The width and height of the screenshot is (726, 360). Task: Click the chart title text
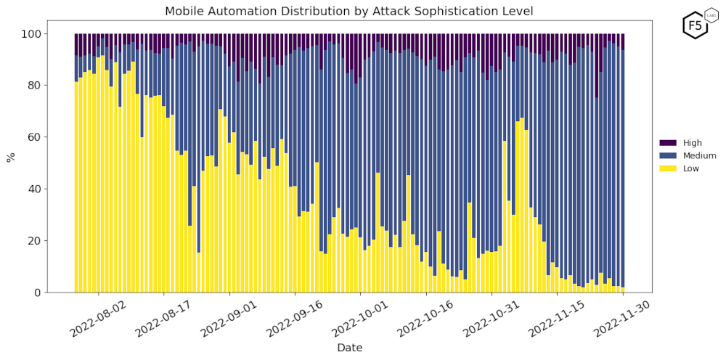pyautogui.click(x=348, y=11)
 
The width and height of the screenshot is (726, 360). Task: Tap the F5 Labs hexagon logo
pyautogui.click(x=696, y=25)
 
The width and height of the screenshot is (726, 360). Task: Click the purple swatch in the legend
pyautogui.click(x=667, y=143)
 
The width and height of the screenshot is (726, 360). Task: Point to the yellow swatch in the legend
pyautogui.click(x=667, y=168)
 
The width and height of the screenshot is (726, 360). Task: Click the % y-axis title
pyautogui.click(x=11, y=157)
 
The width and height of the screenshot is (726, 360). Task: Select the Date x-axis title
pyautogui.click(x=349, y=348)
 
